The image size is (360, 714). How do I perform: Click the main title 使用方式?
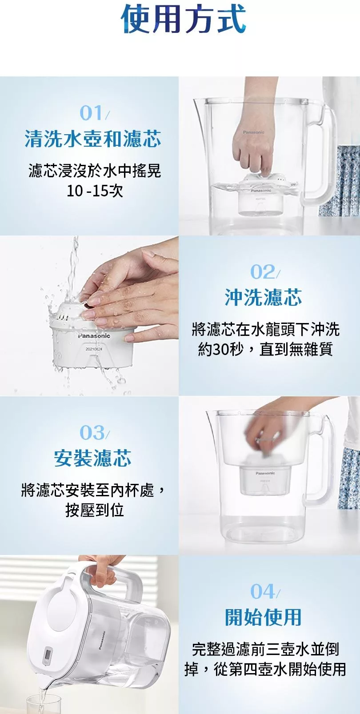(184, 20)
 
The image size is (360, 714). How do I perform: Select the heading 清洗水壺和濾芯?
(93, 139)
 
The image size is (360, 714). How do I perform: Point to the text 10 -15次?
(95, 191)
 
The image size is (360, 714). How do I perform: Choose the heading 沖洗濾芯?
(264, 297)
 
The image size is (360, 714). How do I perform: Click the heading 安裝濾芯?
(93, 458)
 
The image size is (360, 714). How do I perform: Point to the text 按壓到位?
(94, 511)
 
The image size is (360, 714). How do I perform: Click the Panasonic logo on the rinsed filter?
(94, 336)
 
